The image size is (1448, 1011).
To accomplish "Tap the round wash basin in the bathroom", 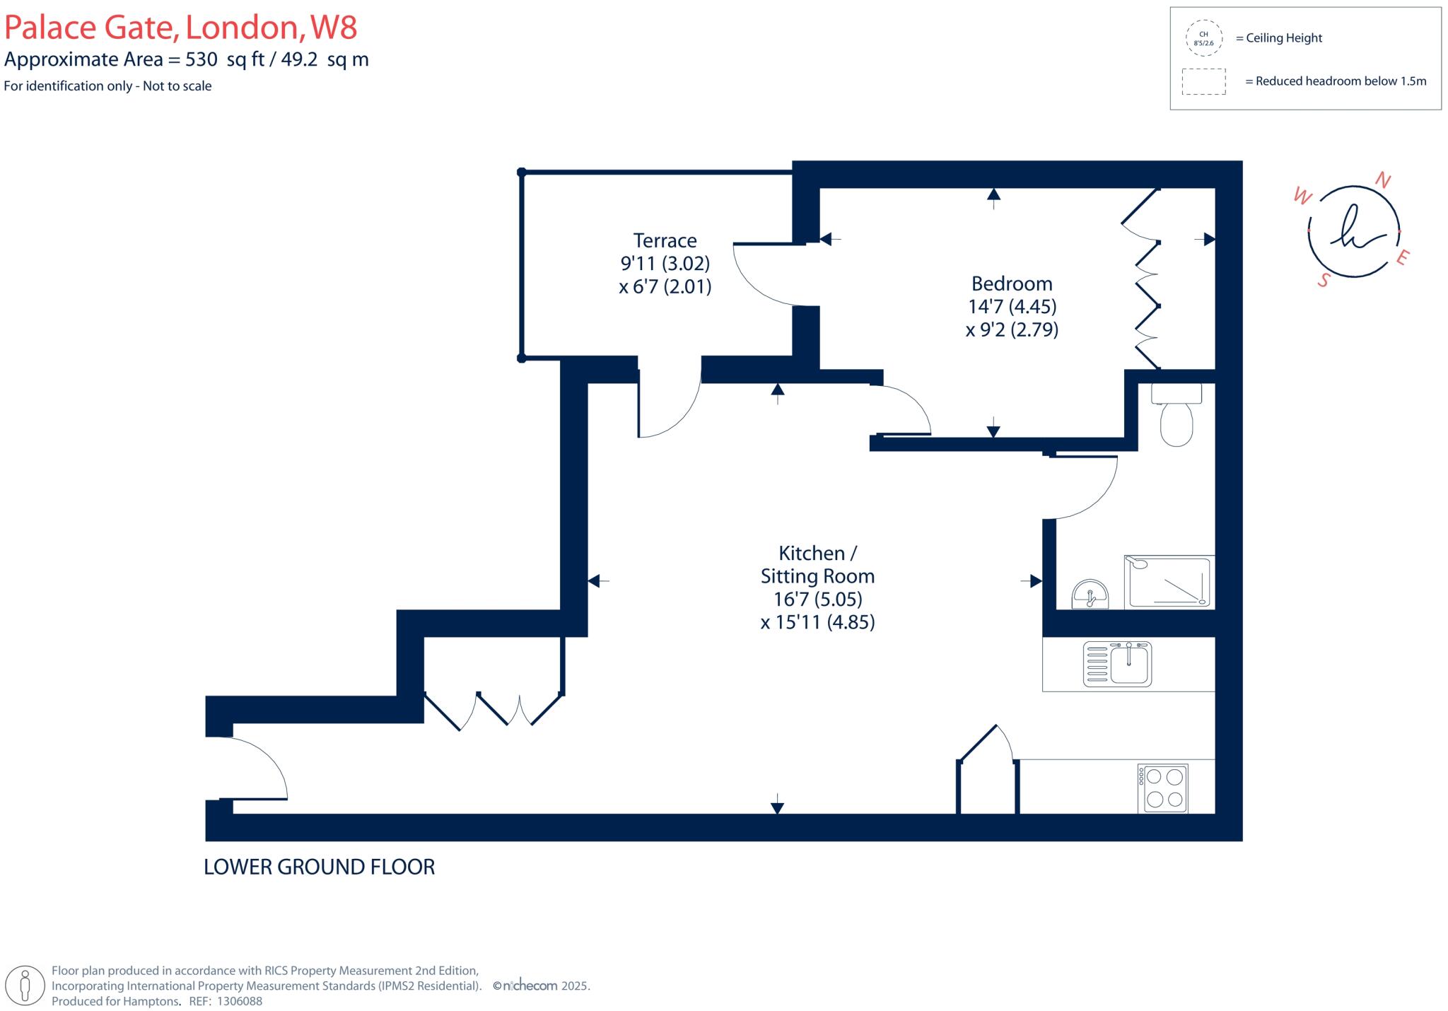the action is pyautogui.click(x=1090, y=595).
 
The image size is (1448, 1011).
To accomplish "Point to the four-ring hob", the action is pyautogui.click(x=1163, y=788).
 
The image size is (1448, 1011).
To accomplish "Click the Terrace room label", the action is pyautogui.click(x=665, y=240).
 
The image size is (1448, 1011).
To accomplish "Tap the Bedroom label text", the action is pyautogui.click(x=1012, y=284).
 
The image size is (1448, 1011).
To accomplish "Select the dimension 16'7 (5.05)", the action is pyautogui.click(x=818, y=600).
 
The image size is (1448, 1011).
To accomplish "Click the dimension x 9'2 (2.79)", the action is pyautogui.click(x=1012, y=329).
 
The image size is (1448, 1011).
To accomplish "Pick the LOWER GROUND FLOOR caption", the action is pyautogui.click(x=319, y=867).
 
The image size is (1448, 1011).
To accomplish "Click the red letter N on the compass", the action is pyautogui.click(x=1382, y=180).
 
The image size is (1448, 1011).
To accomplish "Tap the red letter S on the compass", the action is pyautogui.click(x=1324, y=281).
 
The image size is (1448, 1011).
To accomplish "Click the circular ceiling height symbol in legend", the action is pyautogui.click(x=1203, y=38).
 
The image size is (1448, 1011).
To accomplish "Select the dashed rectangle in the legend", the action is pyautogui.click(x=1203, y=81).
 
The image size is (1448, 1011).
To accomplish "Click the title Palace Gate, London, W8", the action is pyautogui.click(x=180, y=28).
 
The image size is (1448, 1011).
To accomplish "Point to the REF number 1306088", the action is pyautogui.click(x=239, y=1001).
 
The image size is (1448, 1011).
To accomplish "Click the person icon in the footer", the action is pyautogui.click(x=25, y=986).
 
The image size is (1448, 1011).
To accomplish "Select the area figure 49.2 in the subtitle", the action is pyautogui.click(x=300, y=59).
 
